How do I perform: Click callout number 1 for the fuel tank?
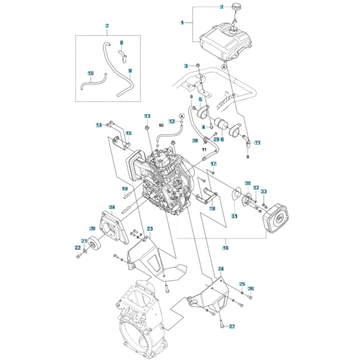[183, 22]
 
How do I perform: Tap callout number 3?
[186, 66]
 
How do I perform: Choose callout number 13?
[147, 116]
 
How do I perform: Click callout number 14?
[100, 124]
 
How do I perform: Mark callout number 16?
[225, 248]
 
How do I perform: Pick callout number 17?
[214, 165]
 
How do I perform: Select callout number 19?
[125, 188]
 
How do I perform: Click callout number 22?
[78, 248]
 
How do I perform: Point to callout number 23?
[150, 229]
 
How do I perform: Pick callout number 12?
[172, 121]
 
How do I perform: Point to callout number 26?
[251, 289]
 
